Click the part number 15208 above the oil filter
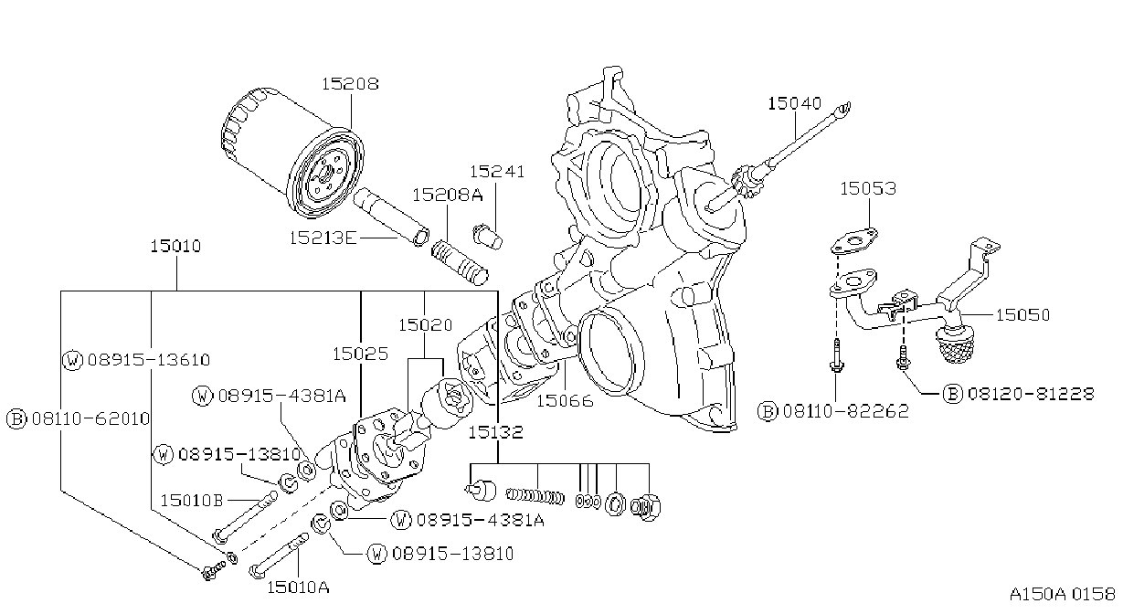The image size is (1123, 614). [350, 84]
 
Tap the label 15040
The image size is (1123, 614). [795, 104]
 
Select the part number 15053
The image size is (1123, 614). [868, 188]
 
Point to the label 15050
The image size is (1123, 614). [1022, 315]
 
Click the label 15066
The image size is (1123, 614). [565, 401]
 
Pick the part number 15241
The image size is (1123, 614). [497, 172]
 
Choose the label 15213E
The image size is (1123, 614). [323, 238]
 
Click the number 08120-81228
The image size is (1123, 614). [1031, 394]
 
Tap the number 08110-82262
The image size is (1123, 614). [846, 411]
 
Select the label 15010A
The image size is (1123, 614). [298, 588]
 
